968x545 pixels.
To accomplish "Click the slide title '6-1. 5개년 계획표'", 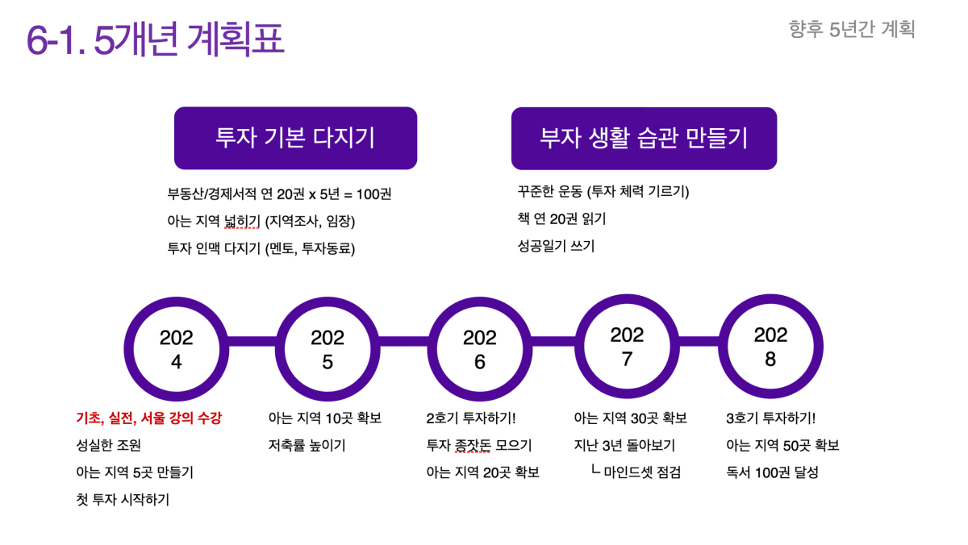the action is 156,40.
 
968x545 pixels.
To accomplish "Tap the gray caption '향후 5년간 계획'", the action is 852,29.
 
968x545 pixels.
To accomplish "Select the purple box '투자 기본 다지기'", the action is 295,138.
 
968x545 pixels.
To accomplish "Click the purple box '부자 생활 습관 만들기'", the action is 644,138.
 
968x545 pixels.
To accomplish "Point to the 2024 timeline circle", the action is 129,349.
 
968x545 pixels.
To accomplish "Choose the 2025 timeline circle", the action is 280,349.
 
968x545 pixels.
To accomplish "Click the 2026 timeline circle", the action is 432,349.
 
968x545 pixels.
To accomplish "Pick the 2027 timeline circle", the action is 579,347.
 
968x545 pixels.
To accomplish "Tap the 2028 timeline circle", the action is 724,347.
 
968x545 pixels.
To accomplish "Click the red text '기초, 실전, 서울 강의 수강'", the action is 148,418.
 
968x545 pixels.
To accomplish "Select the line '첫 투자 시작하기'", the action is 123,500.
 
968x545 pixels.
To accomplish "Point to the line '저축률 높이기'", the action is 307,445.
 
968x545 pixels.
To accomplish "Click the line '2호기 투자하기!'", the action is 471,418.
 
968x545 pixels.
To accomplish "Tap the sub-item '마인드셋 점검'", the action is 642,472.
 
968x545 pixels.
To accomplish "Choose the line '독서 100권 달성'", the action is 772,472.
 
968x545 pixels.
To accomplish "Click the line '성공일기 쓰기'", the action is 556,246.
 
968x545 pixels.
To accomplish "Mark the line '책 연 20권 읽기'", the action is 561,219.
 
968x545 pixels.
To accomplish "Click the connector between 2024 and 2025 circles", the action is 252,341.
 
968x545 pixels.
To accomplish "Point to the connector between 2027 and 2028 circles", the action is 699,341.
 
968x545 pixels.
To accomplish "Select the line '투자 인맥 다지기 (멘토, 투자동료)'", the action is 261,248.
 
